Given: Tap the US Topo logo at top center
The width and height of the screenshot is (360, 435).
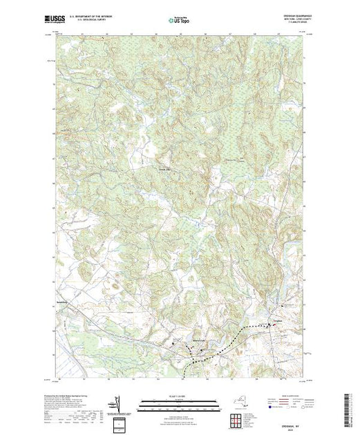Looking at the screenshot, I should pos(179,20).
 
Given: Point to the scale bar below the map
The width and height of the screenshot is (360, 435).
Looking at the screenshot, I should pos(179,400).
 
